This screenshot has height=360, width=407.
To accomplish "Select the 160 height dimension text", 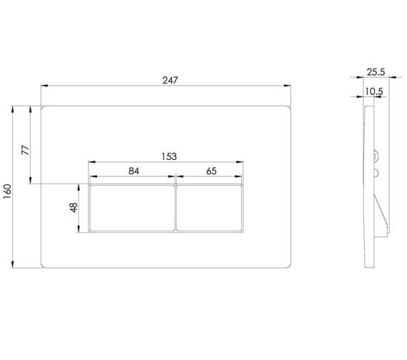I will pyautogui.click(x=7, y=192).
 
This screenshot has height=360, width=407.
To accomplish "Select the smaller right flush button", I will pyautogui.click(x=210, y=208).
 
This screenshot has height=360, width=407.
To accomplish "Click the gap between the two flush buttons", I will pyautogui.click(x=176, y=208).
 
